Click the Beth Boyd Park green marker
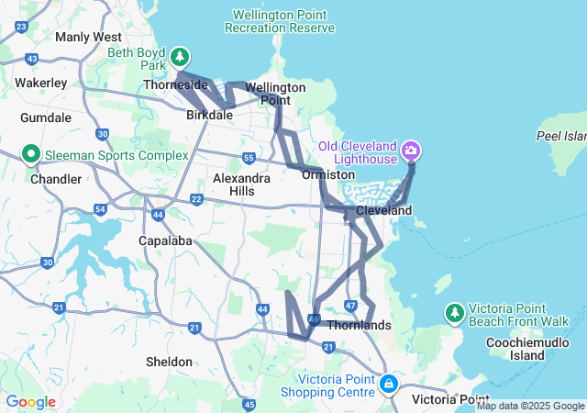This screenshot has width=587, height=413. [x=181, y=56]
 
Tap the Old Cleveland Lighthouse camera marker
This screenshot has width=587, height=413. [x=411, y=148]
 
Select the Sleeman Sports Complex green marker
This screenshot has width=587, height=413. [x=29, y=153]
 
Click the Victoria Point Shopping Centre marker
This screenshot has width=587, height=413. [x=388, y=382]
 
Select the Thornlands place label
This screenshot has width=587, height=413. [x=360, y=326]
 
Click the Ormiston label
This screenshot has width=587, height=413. [x=328, y=173]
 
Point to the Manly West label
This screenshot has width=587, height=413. [x=88, y=37]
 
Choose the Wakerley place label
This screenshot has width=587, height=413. [x=40, y=83]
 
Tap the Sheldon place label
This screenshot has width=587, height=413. [x=170, y=362]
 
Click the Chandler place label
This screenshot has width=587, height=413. [x=56, y=179]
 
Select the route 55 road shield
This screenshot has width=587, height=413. [x=249, y=158]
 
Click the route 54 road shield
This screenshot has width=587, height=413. [x=100, y=210]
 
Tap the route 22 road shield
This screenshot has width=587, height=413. [x=196, y=199]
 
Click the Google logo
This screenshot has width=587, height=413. [x=30, y=402]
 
